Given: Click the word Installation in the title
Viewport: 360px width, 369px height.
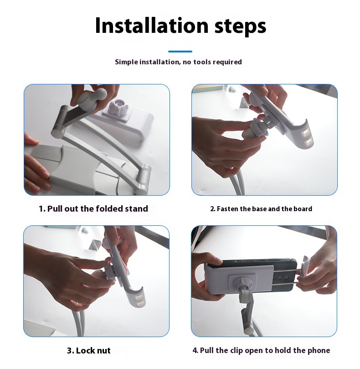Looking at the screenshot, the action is tap(152, 25).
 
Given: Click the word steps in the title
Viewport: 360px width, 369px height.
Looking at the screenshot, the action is tap(240, 26).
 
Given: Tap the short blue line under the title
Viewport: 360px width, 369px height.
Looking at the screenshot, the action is tap(180, 51).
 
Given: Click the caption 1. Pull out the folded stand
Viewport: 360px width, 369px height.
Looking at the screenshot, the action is tap(93, 208).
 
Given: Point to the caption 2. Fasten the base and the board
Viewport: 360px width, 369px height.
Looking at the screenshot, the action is tap(261, 209).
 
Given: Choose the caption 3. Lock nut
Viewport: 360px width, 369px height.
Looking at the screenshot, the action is tap(89, 350).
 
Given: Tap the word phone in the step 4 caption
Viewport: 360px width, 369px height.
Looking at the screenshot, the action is tap(318, 350).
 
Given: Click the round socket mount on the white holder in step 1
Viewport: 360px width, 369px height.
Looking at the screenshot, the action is tap(118, 107).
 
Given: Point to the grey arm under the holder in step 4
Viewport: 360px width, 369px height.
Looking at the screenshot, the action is tap(246, 311).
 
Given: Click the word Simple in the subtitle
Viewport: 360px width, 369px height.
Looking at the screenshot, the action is tap(126, 62).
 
